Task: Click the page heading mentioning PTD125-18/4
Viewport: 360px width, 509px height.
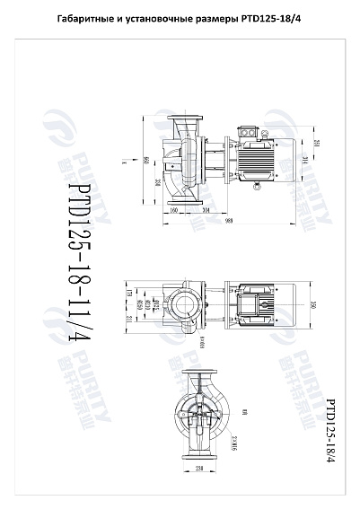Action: [180, 19]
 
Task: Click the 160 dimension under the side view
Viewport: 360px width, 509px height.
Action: [174, 209]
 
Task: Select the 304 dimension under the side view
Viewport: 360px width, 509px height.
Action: [206, 209]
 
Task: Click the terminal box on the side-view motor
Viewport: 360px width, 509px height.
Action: [249, 131]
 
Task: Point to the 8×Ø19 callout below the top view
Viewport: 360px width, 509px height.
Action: [202, 344]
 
